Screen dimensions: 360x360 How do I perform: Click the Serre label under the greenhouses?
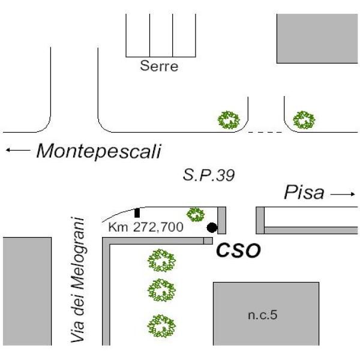(x=159, y=66)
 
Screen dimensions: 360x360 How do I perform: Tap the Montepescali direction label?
(x=99, y=151)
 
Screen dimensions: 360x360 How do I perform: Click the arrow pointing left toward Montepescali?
(x=18, y=150)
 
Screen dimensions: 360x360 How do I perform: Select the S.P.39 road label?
(x=209, y=175)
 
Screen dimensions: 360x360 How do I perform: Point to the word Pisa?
(x=304, y=193)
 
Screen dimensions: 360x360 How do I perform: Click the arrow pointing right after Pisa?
(x=343, y=194)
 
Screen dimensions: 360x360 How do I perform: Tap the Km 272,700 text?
(x=146, y=227)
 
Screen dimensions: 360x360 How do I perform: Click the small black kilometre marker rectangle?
(x=137, y=213)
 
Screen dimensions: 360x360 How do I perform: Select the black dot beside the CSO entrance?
(x=212, y=227)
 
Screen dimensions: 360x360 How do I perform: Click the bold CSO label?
(x=239, y=250)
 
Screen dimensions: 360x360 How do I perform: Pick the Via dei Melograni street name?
(x=78, y=280)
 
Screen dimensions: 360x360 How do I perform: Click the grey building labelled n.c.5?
(x=266, y=314)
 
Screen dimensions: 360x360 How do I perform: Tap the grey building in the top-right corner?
(x=317, y=38)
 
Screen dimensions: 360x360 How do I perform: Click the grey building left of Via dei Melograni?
(x=27, y=291)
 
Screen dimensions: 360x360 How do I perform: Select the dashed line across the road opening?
(x=265, y=132)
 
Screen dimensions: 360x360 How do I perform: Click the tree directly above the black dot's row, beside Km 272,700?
(x=196, y=215)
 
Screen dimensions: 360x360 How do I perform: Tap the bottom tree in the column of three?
(x=161, y=326)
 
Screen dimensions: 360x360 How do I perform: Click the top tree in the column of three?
(x=161, y=260)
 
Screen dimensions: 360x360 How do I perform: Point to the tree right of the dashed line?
(x=304, y=120)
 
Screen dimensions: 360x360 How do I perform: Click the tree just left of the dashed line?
(x=229, y=120)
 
